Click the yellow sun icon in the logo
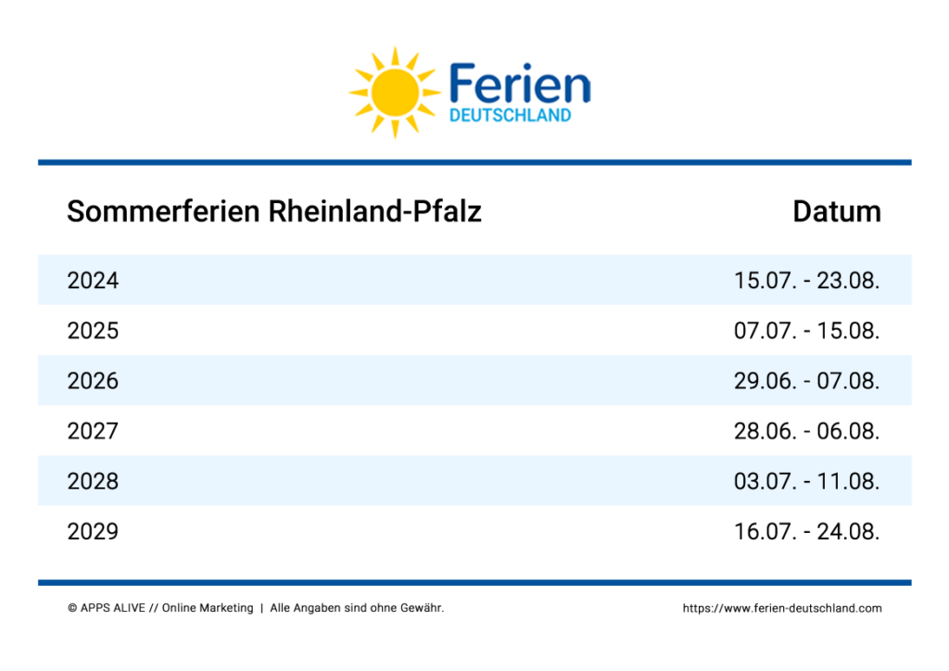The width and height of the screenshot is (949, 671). tap(395, 93)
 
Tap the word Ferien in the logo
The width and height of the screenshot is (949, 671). tap(520, 83)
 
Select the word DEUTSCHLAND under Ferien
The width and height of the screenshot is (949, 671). tap(511, 115)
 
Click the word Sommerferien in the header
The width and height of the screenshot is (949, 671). tap(163, 211)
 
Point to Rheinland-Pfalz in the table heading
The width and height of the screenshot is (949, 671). tap(374, 211)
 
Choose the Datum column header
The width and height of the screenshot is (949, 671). tap(837, 211)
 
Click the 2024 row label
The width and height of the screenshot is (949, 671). tap(93, 281)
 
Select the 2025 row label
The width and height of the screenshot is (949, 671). tap(93, 331)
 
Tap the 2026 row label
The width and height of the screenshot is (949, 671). tap(93, 381)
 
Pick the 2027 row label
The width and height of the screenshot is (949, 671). tap(93, 431)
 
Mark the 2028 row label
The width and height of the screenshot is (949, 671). tap(93, 482)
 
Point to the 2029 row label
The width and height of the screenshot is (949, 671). tap(93, 532)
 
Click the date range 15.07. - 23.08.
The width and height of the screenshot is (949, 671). tap(807, 281)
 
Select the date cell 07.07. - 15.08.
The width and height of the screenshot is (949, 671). tap(807, 331)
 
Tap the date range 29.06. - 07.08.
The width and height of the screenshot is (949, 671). tap(807, 381)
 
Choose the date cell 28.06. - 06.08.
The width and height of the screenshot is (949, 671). tap(807, 431)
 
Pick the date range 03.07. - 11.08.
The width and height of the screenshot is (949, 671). tap(807, 482)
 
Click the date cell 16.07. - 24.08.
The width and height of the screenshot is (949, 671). tap(807, 532)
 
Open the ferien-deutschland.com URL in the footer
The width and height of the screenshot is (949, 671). tap(782, 608)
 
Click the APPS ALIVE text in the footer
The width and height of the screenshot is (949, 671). tap(112, 608)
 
